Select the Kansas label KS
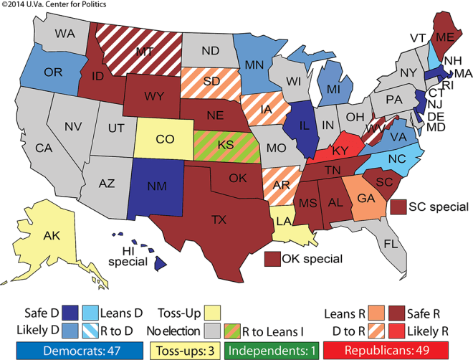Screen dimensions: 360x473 (x=224, y=146)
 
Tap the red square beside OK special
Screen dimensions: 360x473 (x=272, y=258)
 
